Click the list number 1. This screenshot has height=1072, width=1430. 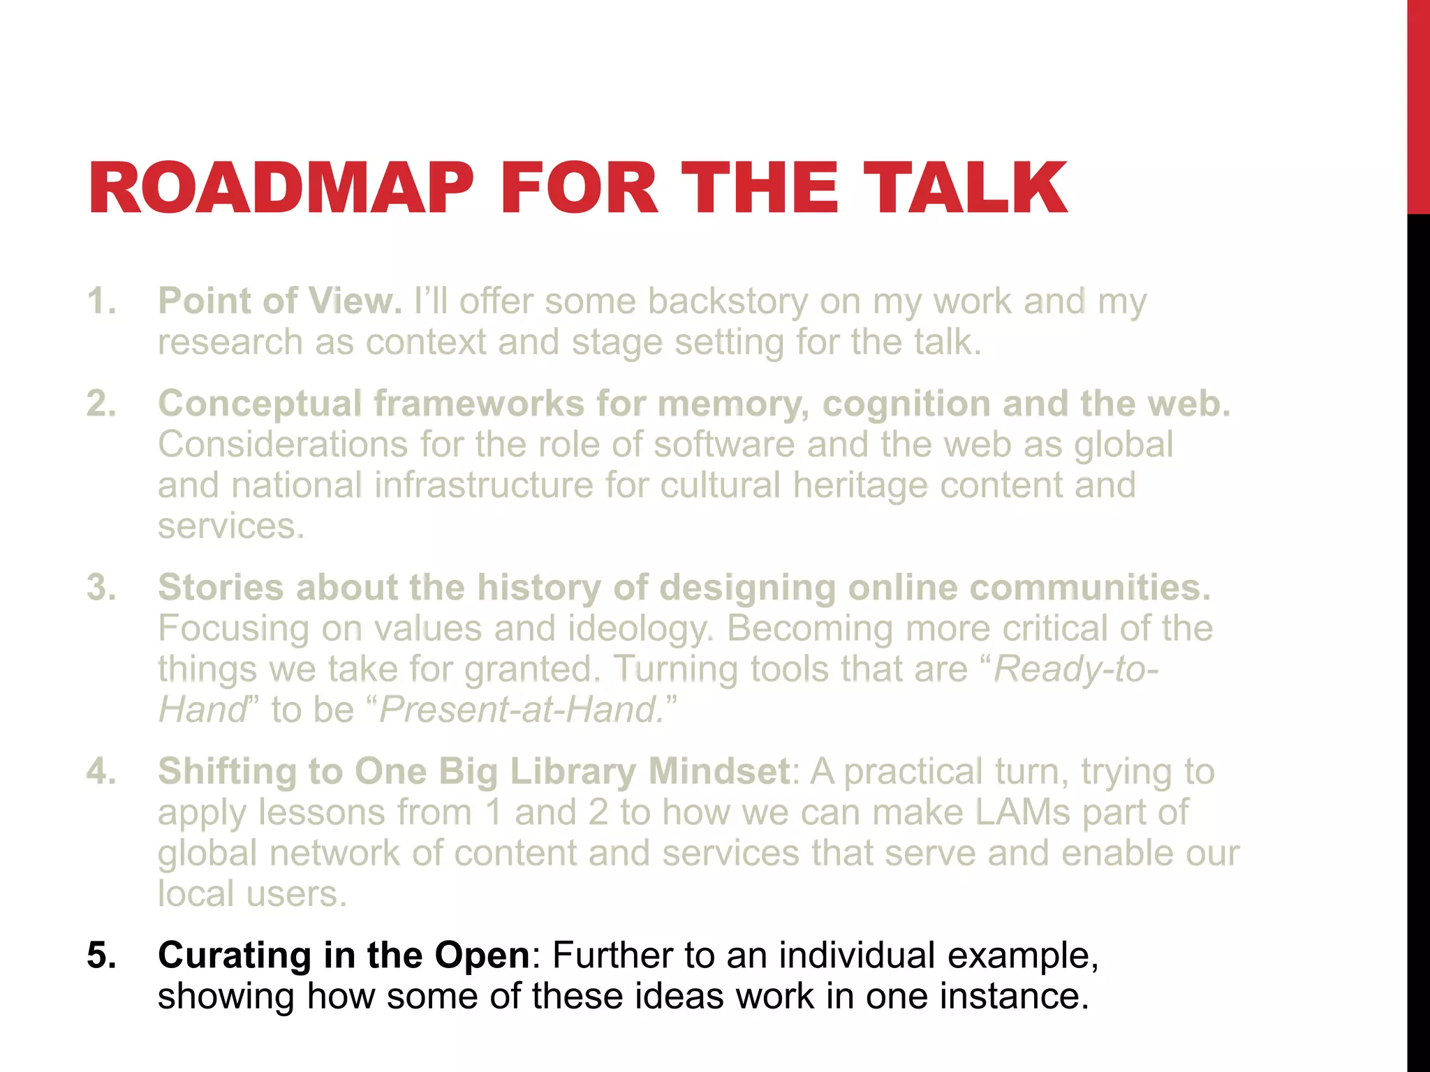tap(101, 301)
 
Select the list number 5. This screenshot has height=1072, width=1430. tap(101, 955)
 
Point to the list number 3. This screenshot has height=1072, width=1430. tap(101, 588)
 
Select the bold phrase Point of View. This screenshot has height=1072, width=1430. tap(279, 301)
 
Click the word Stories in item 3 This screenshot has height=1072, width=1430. tap(221, 588)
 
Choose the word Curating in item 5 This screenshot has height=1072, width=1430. tap(235, 955)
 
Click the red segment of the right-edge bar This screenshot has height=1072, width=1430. tap(1418, 105)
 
